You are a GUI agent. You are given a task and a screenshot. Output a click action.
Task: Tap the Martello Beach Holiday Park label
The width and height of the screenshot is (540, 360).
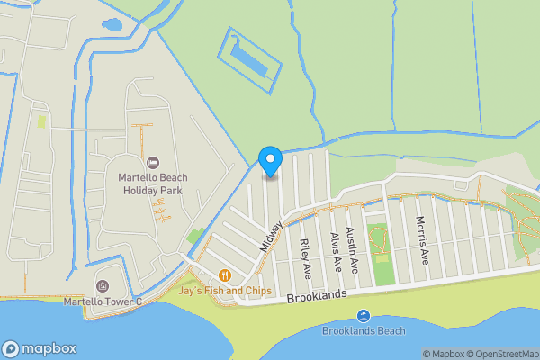pyautogui.click(x=151, y=184)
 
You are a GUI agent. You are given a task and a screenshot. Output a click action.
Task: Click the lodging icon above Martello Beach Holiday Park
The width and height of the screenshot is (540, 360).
pyautogui.click(x=152, y=162)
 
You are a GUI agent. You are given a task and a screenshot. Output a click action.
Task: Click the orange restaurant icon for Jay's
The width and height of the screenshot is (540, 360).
pyautogui.click(x=224, y=274)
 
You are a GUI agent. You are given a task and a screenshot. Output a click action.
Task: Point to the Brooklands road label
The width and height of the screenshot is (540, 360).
pyautogui.click(x=316, y=296)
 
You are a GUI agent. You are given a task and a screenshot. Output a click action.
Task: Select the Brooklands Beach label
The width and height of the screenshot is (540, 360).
pyautogui.click(x=364, y=330)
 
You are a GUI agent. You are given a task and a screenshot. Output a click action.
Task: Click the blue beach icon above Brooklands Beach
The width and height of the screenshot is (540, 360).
pyautogui.click(x=364, y=315)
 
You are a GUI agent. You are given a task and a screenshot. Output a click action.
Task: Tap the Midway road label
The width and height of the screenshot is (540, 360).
pyautogui.click(x=271, y=236)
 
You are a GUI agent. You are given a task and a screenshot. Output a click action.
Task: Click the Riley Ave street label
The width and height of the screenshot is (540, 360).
pyautogui.click(x=306, y=257)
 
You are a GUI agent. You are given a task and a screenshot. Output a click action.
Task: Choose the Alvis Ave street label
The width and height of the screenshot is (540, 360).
pyautogui.click(x=336, y=252)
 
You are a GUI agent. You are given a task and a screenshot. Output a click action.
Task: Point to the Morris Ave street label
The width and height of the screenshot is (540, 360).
pyautogui.click(x=423, y=239)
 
